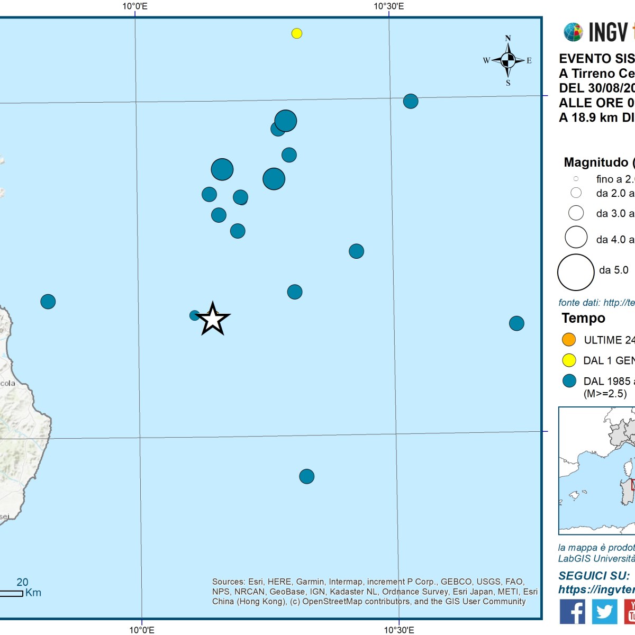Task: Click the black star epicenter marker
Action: (x=213, y=319)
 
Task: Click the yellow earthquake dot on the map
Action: (x=297, y=33)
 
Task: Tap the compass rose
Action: (x=508, y=60)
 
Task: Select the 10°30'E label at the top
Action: (x=389, y=6)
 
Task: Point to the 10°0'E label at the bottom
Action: (x=142, y=630)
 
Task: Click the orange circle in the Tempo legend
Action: (x=569, y=340)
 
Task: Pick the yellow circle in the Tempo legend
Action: (x=569, y=360)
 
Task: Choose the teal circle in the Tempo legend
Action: (x=569, y=381)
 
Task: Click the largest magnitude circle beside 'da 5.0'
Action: (x=576, y=273)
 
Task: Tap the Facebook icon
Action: (x=572, y=611)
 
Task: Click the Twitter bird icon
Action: (x=604, y=611)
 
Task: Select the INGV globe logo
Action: (x=573, y=32)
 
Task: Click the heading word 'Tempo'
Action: (x=583, y=318)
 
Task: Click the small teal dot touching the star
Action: (x=194, y=315)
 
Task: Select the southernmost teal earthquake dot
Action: (x=307, y=476)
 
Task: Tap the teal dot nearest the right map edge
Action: (x=516, y=323)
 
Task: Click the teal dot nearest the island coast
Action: (x=48, y=302)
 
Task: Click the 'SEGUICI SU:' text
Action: (x=594, y=576)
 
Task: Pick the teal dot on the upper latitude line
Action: (x=411, y=101)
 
